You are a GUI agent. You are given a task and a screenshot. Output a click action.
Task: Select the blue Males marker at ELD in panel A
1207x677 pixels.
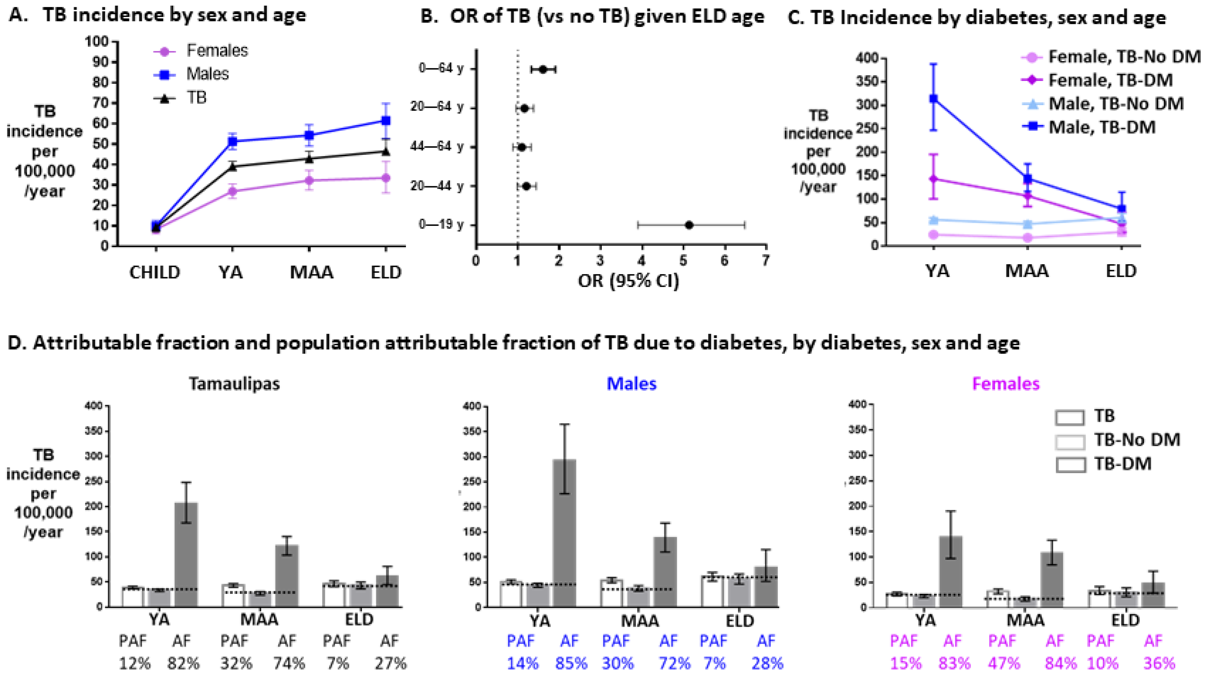[386, 121]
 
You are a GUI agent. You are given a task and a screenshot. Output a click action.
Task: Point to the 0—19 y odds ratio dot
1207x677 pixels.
[688, 225]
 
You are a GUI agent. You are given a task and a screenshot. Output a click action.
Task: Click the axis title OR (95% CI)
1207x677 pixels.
[628, 281]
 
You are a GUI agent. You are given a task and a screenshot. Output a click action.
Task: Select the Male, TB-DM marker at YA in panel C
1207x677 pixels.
[933, 99]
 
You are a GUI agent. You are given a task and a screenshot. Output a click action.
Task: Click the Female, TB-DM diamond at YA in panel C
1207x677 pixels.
[933, 179]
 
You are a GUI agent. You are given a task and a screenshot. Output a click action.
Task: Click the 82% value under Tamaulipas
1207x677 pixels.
[184, 663]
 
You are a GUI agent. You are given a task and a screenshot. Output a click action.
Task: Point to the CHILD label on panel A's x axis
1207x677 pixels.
[155, 272]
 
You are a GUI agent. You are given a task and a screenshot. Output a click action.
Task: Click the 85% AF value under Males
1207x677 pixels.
[571, 663]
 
